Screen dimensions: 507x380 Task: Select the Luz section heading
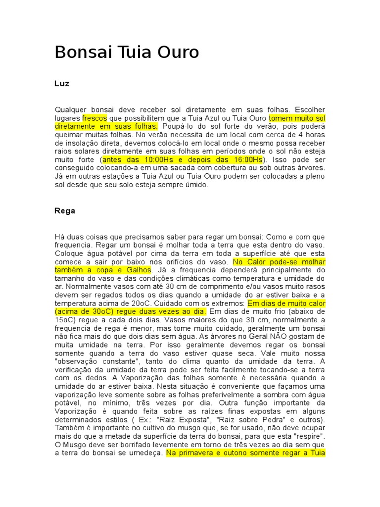tap(61, 84)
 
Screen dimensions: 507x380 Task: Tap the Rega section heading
tap(64, 210)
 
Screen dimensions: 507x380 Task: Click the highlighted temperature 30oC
tap(92, 311)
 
